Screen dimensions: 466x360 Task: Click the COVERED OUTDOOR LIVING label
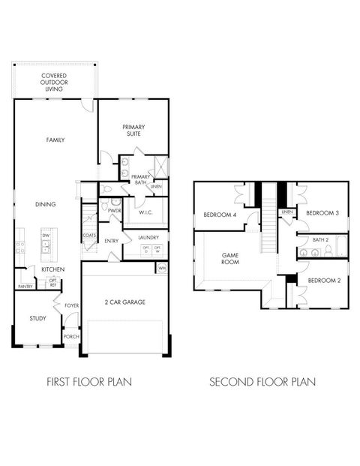pos(54,83)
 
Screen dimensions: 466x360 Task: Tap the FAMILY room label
pos(55,140)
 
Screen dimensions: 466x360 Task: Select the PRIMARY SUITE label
pos(134,131)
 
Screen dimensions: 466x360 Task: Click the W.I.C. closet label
pos(145,212)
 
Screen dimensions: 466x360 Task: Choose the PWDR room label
pos(115,212)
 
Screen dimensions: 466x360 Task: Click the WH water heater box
pos(161,268)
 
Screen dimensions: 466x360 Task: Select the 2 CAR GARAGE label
pos(125,302)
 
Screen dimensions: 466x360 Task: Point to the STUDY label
pos(37,319)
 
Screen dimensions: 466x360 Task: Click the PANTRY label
pos(25,286)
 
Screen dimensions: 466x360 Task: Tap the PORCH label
pos(71,337)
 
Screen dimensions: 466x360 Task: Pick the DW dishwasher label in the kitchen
pos(46,236)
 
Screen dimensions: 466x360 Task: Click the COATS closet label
pos(88,236)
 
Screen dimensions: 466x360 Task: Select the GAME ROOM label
pos(229,259)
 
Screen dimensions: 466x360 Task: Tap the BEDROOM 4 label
pos(220,216)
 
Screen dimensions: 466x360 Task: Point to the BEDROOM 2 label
pos(324,280)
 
